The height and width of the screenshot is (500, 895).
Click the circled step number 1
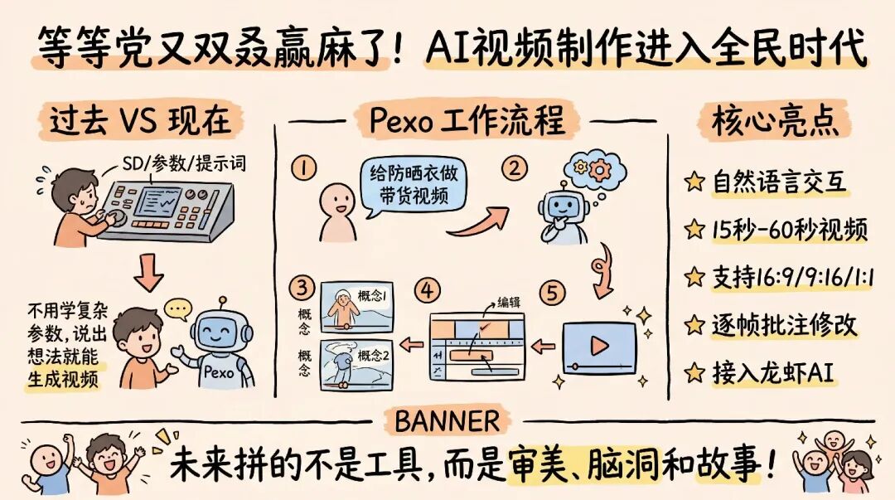pos(304,168)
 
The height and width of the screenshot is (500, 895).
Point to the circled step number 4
pos(428,291)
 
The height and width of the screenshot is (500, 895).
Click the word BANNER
pos(447,421)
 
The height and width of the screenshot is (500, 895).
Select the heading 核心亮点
pos(769,121)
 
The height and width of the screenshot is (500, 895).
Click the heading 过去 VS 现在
pos(138,121)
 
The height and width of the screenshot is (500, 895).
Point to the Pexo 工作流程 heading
pos(467,121)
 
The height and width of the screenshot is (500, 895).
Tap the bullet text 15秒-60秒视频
pos(789,230)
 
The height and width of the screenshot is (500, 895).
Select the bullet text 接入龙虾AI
pos(773,373)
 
